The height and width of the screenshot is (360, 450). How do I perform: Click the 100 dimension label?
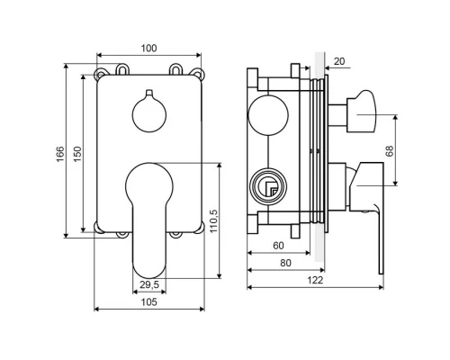pos(149,49)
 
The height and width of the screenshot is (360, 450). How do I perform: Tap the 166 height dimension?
pos(60,154)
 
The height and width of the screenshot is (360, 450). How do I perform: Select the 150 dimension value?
pos(77,154)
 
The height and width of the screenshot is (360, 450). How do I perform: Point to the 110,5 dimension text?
pos(213,220)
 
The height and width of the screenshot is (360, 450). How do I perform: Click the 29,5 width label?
pos(149,284)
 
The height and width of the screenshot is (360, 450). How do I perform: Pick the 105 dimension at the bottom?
pos(149,301)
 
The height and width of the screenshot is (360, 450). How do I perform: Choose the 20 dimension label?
pos(339,61)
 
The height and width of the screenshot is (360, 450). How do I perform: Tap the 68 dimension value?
pos(390,151)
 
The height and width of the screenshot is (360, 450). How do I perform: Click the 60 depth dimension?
pos(278,246)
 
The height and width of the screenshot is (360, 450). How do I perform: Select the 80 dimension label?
pos(285,263)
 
